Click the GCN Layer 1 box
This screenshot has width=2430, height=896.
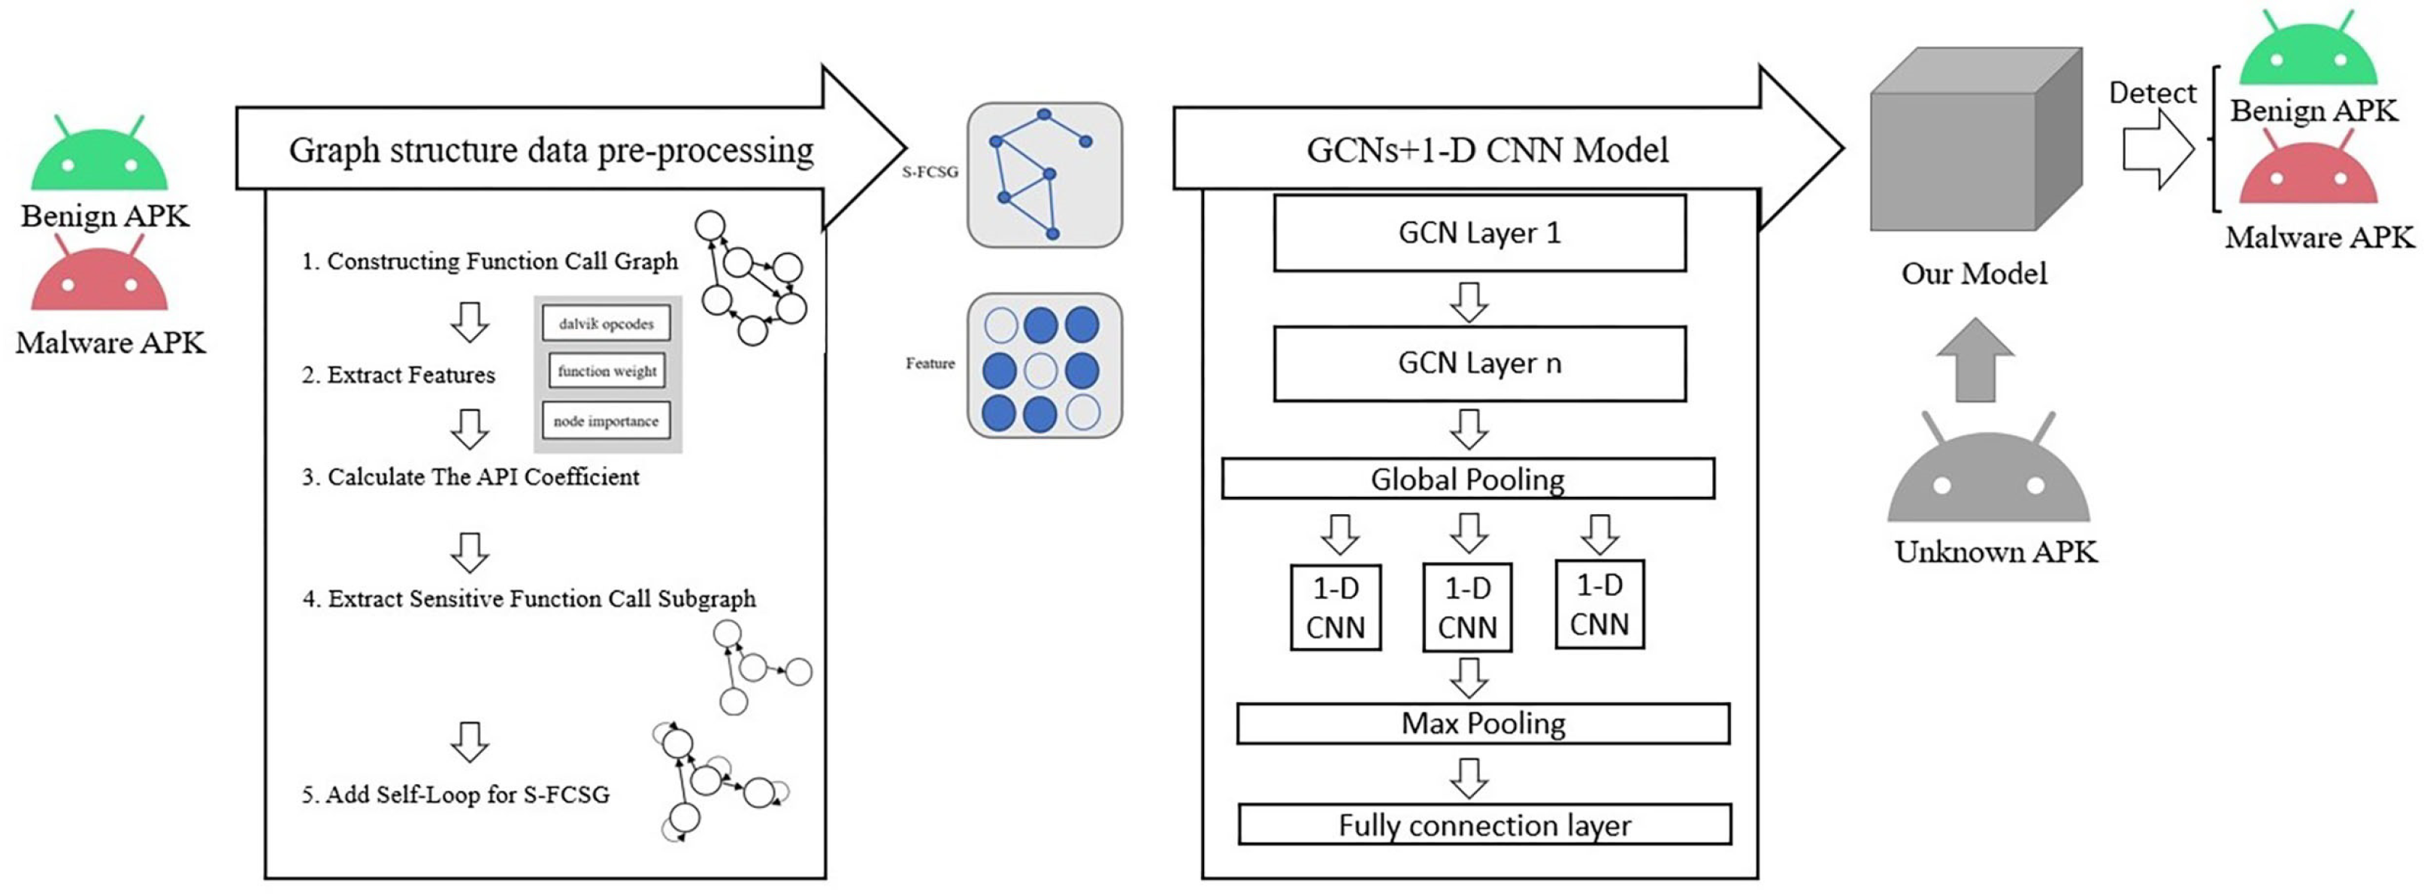coord(1479,233)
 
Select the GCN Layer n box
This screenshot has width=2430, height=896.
coord(1479,363)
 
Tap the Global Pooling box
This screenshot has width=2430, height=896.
coord(1468,479)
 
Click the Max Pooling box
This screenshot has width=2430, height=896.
coord(1483,723)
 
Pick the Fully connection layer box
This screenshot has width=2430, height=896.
coord(1484,825)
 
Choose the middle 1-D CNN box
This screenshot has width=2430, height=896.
coord(1467,607)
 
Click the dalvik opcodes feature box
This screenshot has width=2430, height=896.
coord(606,323)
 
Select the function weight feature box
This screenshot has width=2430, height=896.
coord(607,371)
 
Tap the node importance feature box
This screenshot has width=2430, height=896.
coord(606,421)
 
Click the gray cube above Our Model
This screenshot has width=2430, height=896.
coord(1975,141)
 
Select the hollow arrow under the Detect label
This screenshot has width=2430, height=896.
coord(2157,149)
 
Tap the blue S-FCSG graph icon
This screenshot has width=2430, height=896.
coord(1044,175)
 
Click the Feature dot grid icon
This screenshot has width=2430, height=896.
coord(1044,365)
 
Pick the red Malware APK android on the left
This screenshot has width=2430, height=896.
coord(99,278)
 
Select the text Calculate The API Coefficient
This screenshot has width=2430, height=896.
coord(470,477)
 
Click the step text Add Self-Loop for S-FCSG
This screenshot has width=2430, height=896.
coord(455,795)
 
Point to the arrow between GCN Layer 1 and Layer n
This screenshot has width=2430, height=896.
coord(1469,302)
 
